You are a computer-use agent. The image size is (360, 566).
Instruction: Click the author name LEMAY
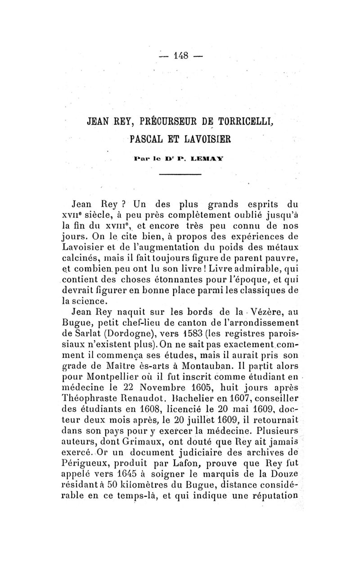201,159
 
